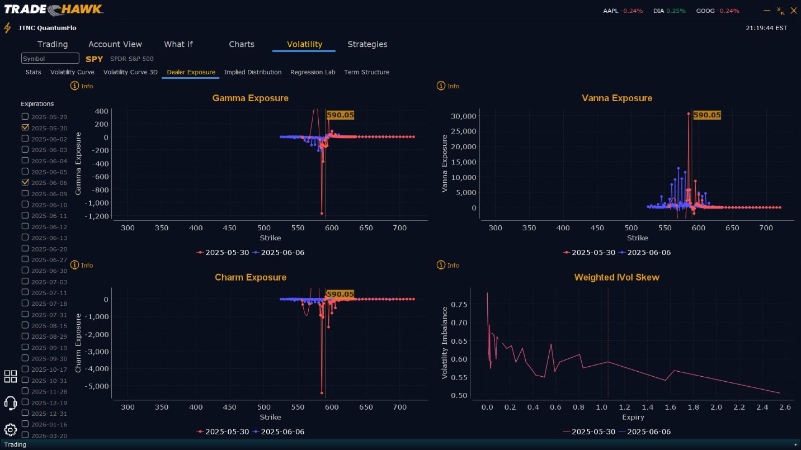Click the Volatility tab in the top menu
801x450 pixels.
pyautogui.click(x=304, y=44)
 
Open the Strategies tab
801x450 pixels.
pyautogui.click(x=367, y=44)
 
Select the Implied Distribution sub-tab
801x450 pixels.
pyautogui.click(x=253, y=72)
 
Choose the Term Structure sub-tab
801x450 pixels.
pyautogui.click(x=366, y=72)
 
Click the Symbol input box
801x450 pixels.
pyautogui.click(x=50, y=59)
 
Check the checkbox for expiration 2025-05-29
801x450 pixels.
pyautogui.click(x=25, y=116)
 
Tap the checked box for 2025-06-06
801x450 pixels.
pyautogui.click(x=25, y=182)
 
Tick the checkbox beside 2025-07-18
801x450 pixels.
pyautogui.click(x=25, y=304)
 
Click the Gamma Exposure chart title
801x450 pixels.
pyautogui.click(x=250, y=98)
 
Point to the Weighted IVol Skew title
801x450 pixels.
pyautogui.click(x=616, y=277)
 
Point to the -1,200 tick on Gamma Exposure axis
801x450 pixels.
pyautogui.click(x=96, y=216)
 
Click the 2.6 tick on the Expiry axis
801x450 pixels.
pyautogui.click(x=785, y=407)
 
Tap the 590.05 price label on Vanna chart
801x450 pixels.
pyautogui.click(x=707, y=115)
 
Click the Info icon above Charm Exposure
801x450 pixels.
pyautogui.click(x=75, y=265)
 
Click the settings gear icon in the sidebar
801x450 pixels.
pyautogui.click(x=10, y=429)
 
